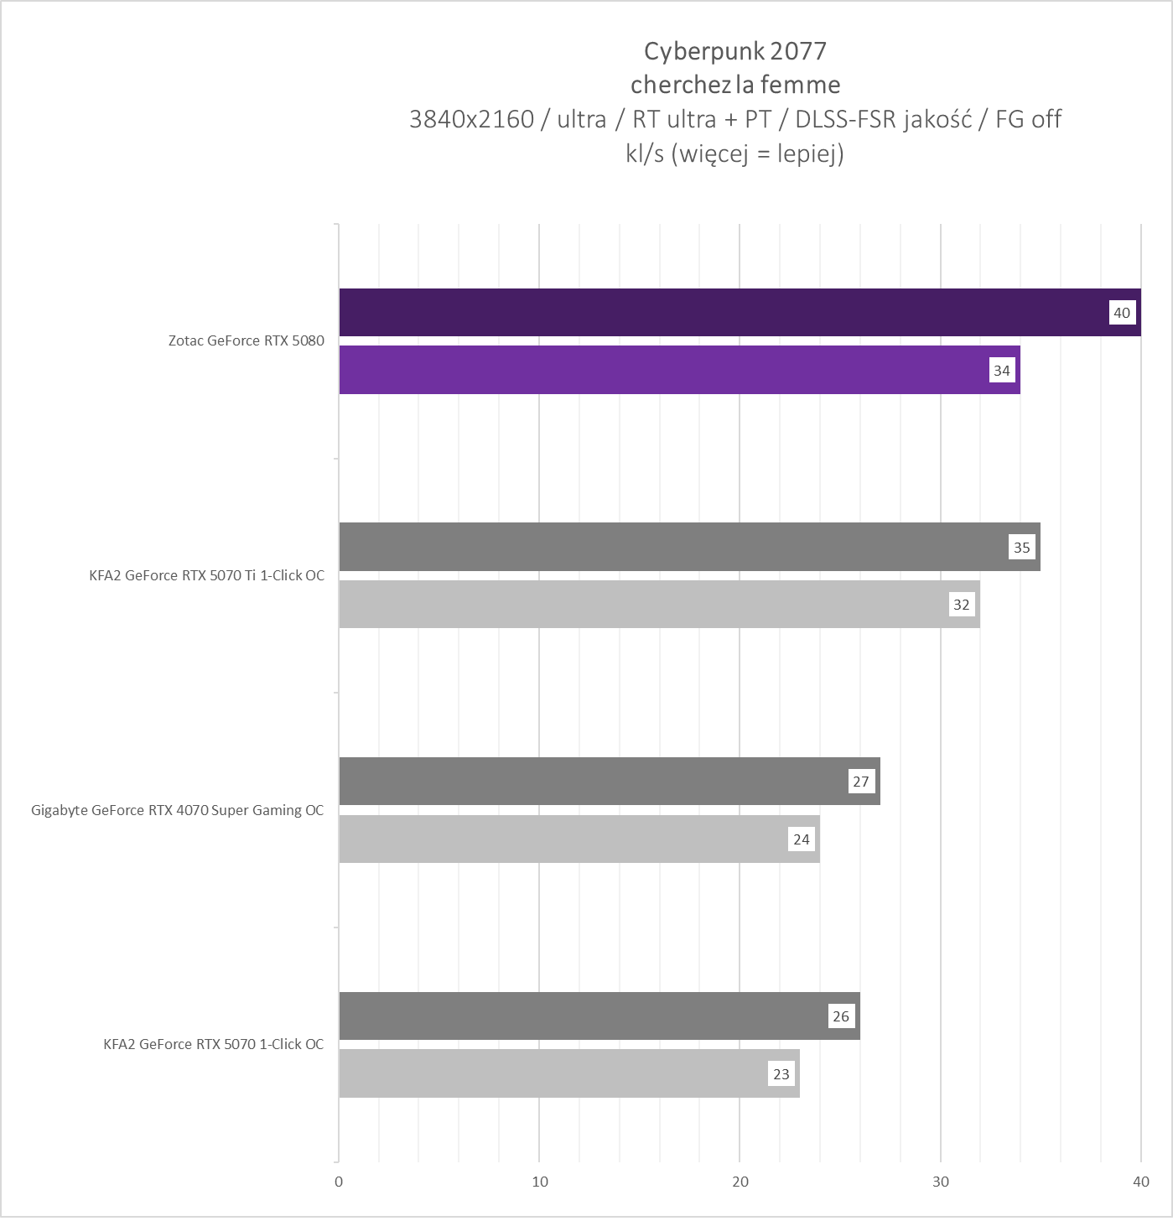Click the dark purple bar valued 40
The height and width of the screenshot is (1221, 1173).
pyautogui.click(x=721, y=313)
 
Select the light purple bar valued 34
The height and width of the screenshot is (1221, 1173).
pyautogui.click(x=662, y=370)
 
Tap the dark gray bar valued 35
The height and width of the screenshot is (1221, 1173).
pyautogui.click(x=671, y=547)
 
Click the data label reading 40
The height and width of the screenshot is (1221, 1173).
pyautogui.click(x=1122, y=313)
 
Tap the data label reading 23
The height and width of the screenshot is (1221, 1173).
pyautogui.click(x=781, y=1074)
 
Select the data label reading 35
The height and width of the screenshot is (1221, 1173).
pyautogui.click(x=1022, y=548)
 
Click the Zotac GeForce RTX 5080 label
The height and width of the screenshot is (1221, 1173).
pyautogui.click(x=246, y=340)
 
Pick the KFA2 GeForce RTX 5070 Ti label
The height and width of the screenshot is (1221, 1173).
pyautogui.click(x=206, y=575)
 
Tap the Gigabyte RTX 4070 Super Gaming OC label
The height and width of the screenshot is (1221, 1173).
pyautogui.click(x=177, y=810)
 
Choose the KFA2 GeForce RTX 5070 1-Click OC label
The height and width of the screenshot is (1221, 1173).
pyautogui.click(x=213, y=1044)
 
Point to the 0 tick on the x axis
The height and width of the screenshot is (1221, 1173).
pyautogui.click(x=339, y=1182)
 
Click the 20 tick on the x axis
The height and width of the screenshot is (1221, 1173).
pyautogui.click(x=740, y=1182)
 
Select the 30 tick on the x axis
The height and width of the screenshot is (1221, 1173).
pyautogui.click(x=941, y=1182)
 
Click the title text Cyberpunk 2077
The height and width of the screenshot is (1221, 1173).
pyautogui.click(x=734, y=51)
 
